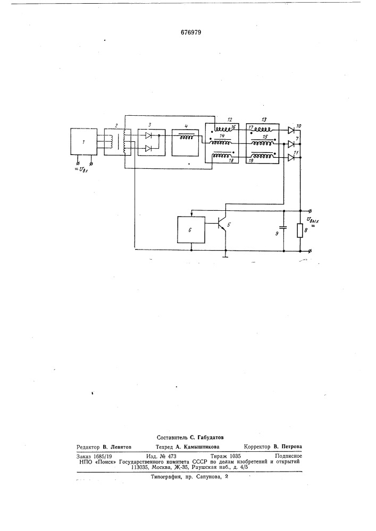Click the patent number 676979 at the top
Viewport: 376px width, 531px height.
tap(191, 32)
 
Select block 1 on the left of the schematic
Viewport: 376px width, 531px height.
tap(83, 142)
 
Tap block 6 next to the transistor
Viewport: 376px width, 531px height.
tap(191, 230)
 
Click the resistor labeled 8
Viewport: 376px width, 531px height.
tap(300, 230)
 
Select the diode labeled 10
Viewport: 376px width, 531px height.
tap(291, 130)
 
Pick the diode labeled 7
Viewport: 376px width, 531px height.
tap(291, 144)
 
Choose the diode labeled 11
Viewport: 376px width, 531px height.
tap(291, 158)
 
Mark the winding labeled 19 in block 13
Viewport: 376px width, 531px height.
tap(263, 157)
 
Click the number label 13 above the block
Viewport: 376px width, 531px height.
tap(264, 119)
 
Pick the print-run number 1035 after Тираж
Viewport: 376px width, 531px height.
tap(235, 456)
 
